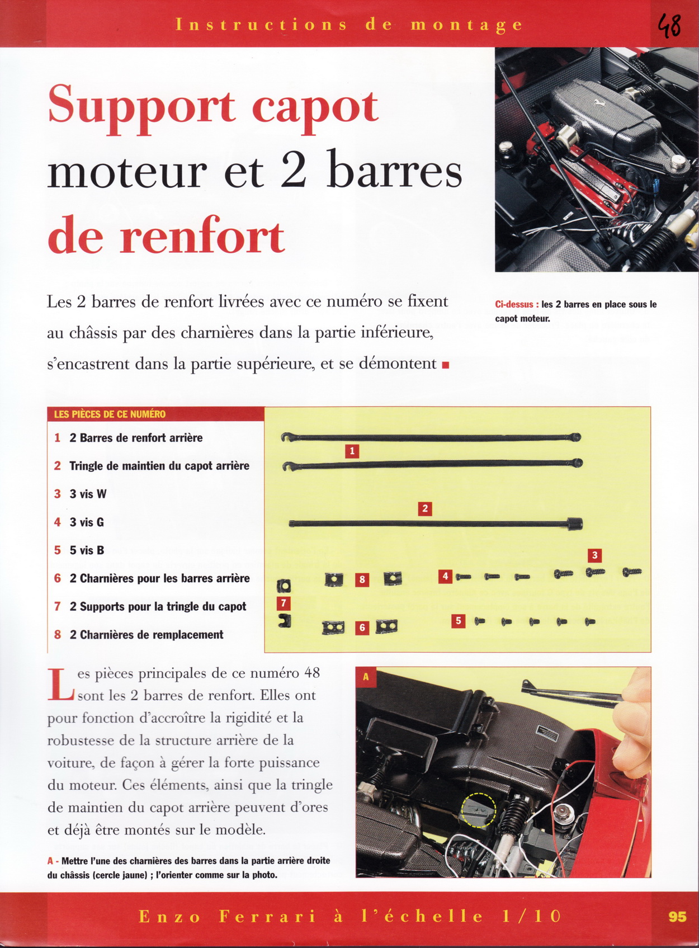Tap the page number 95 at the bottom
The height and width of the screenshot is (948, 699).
(x=677, y=917)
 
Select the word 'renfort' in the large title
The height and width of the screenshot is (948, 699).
(x=202, y=237)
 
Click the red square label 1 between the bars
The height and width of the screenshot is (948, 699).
(x=352, y=451)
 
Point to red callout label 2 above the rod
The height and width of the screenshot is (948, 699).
(x=425, y=508)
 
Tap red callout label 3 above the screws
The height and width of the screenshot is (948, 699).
(x=594, y=555)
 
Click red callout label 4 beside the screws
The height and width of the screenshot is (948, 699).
(x=445, y=576)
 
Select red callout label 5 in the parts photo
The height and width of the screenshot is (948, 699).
(x=458, y=620)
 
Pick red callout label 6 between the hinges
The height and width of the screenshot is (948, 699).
(x=362, y=628)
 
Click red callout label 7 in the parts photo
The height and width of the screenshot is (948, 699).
(x=284, y=603)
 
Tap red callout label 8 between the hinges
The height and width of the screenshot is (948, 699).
(x=362, y=579)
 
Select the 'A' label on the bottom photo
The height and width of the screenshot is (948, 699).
(x=366, y=677)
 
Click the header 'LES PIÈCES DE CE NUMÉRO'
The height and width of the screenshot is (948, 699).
(x=110, y=414)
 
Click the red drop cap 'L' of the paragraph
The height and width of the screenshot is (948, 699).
(x=60, y=685)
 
